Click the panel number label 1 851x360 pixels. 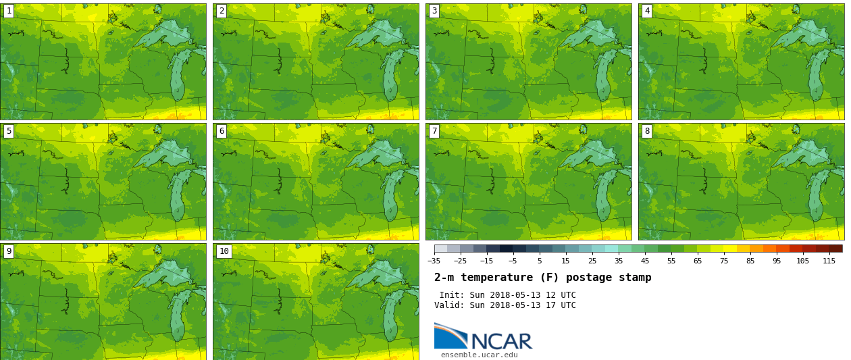[9, 11]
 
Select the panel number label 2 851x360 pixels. [222, 11]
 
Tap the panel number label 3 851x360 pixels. [434, 11]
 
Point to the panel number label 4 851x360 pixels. [647, 11]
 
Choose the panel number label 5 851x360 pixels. [9, 131]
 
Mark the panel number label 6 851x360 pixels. [222, 131]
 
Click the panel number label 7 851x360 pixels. [434, 131]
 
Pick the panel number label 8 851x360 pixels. [647, 131]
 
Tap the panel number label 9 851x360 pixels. [9, 251]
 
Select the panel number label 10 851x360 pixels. [224, 251]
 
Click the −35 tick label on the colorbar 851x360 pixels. [434, 261]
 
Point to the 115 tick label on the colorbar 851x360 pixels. [829, 261]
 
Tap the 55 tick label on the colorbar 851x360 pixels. [671, 261]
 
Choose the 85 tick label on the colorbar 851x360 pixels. [750, 261]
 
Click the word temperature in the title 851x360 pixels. [498, 278]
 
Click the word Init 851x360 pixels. [451, 295]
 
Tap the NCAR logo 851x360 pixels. [483, 337]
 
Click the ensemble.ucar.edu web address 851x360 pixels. [479, 355]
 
